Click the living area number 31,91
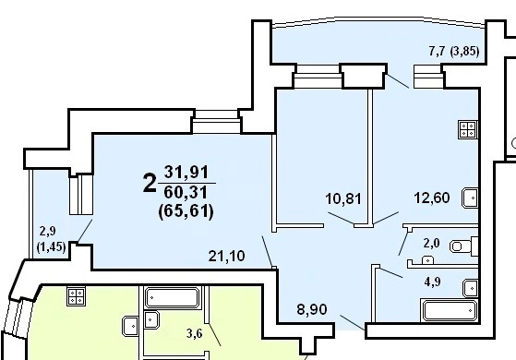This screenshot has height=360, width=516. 186,172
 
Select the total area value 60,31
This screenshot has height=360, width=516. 186,192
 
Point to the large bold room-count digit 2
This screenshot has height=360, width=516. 149,184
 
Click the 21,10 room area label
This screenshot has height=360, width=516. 227,256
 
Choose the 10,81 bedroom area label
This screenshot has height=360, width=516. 343,199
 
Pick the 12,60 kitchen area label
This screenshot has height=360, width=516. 432,198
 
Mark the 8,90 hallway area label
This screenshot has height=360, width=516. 312,309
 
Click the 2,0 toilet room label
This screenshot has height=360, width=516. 431,243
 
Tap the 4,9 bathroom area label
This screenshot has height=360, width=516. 432,282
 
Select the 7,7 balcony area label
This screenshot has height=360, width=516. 437,51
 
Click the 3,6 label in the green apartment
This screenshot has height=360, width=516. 194,334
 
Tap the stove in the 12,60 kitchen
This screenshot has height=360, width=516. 468,129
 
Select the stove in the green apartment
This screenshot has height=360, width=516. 77,296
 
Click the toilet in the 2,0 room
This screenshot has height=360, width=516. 463,246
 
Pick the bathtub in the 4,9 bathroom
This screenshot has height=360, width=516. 450,310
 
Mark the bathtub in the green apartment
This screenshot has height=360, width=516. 173,298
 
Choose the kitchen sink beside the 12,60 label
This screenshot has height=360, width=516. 470,198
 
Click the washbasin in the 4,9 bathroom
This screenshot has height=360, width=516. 471,288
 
